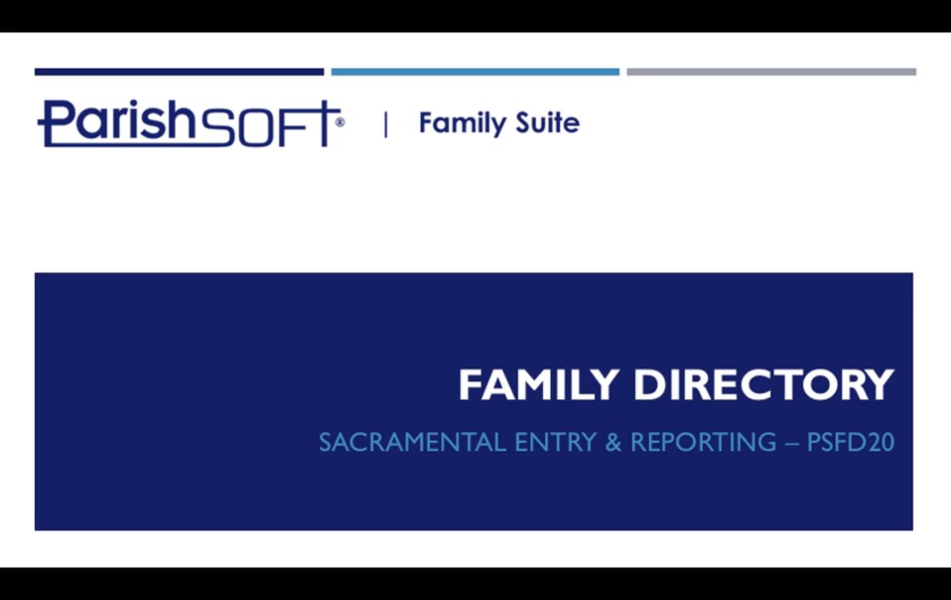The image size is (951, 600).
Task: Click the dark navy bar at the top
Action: click(179, 72)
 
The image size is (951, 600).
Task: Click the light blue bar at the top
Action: click(475, 72)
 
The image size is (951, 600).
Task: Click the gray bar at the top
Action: click(771, 72)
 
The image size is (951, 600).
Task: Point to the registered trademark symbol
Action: click(340, 122)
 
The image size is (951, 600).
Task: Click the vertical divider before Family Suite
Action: click(386, 125)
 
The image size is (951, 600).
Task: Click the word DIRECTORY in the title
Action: click(764, 385)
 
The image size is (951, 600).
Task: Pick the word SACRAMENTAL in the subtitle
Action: click(412, 442)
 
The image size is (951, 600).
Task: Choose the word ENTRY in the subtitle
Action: click(556, 442)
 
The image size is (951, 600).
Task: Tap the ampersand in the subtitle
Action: click(613, 442)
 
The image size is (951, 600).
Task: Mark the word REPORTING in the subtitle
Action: click(703, 442)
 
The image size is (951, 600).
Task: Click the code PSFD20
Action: click(850, 442)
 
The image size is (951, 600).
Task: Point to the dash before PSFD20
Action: click(791, 443)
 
